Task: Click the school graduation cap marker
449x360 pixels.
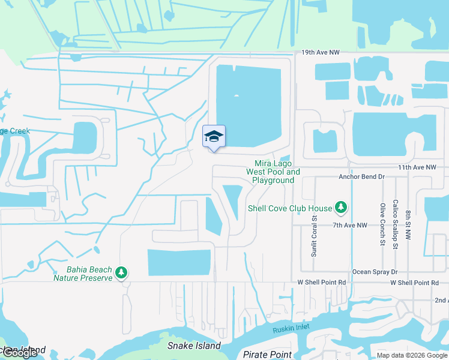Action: pyautogui.click(x=214, y=137)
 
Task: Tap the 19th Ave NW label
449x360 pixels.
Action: pyautogui.click(x=317, y=53)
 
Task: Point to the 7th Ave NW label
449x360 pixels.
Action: pyautogui.click(x=350, y=225)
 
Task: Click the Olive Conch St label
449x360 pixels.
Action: pyautogui.click(x=382, y=225)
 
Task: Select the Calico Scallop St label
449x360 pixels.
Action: pyautogui.click(x=395, y=224)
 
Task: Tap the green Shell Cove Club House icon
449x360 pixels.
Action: pyautogui.click(x=341, y=208)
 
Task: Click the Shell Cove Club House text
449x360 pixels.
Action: pyautogui.click(x=290, y=208)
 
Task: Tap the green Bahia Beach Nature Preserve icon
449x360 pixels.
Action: pyautogui.click(x=121, y=274)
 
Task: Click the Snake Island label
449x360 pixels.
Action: pyautogui.click(x=194, y=346)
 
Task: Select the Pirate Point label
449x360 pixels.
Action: pyautogui.click(x=267, y=355)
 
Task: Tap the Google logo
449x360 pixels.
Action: pyautogui.click(x=20, y=353)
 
